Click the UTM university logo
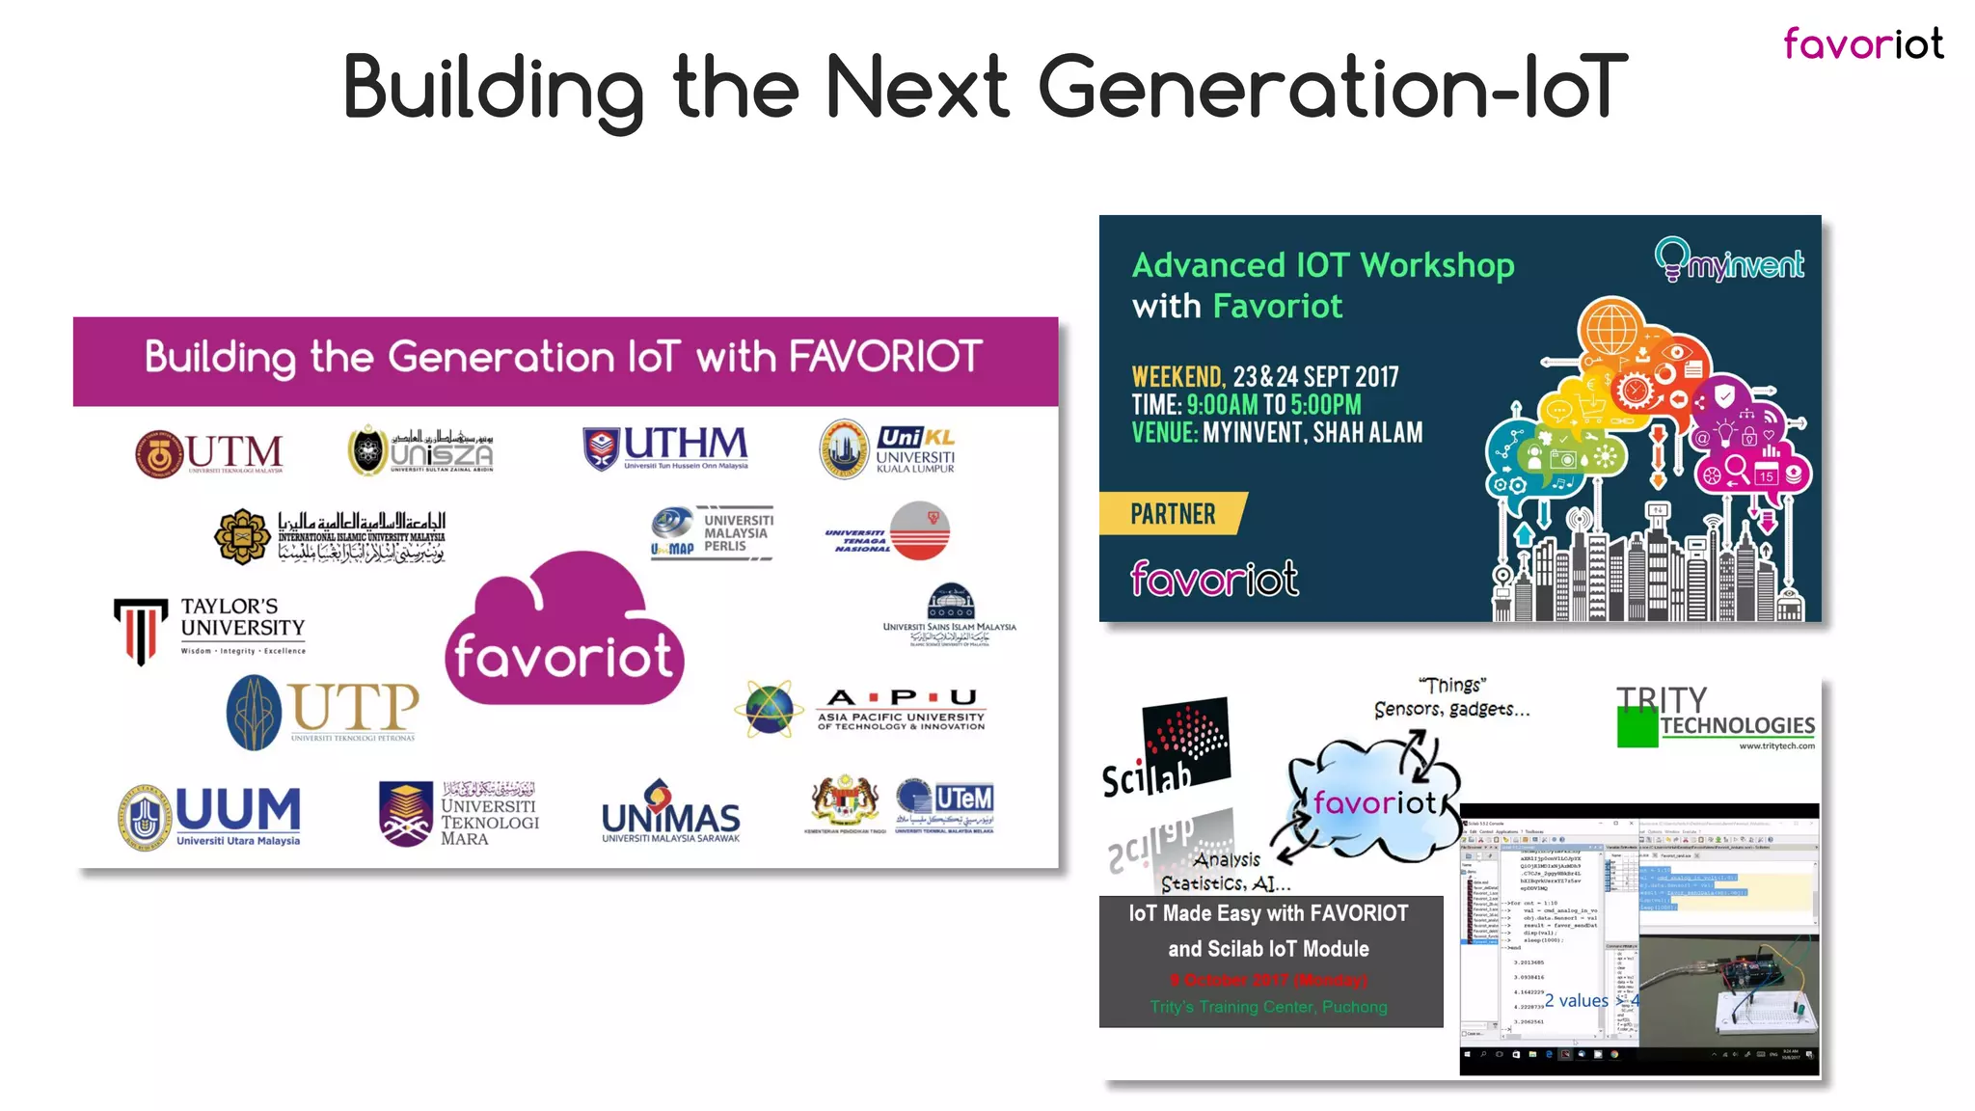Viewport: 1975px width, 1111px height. (209, 453)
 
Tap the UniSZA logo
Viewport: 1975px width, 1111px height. (421, 450)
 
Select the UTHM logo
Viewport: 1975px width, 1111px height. (665, 447)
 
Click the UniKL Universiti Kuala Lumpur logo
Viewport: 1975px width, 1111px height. (887, 449)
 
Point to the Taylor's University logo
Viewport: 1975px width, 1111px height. (210, 628)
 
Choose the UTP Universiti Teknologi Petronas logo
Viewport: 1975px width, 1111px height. (323, 712)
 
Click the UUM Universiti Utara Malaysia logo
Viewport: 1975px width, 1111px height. (210, 816)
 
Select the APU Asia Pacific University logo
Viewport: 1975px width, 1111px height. (860, 710)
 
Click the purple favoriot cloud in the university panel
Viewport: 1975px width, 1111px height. (564, 632)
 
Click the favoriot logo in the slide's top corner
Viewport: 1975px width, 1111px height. (1862, 44)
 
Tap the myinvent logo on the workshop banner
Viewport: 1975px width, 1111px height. (1729, 259)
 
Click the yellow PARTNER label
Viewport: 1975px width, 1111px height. (1173, 514)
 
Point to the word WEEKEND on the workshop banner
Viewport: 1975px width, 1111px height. (1177, 377)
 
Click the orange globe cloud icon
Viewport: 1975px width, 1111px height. (1611, 328)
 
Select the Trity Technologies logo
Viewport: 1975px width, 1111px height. (1716, 717)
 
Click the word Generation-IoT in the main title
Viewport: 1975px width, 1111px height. (1332, 88)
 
